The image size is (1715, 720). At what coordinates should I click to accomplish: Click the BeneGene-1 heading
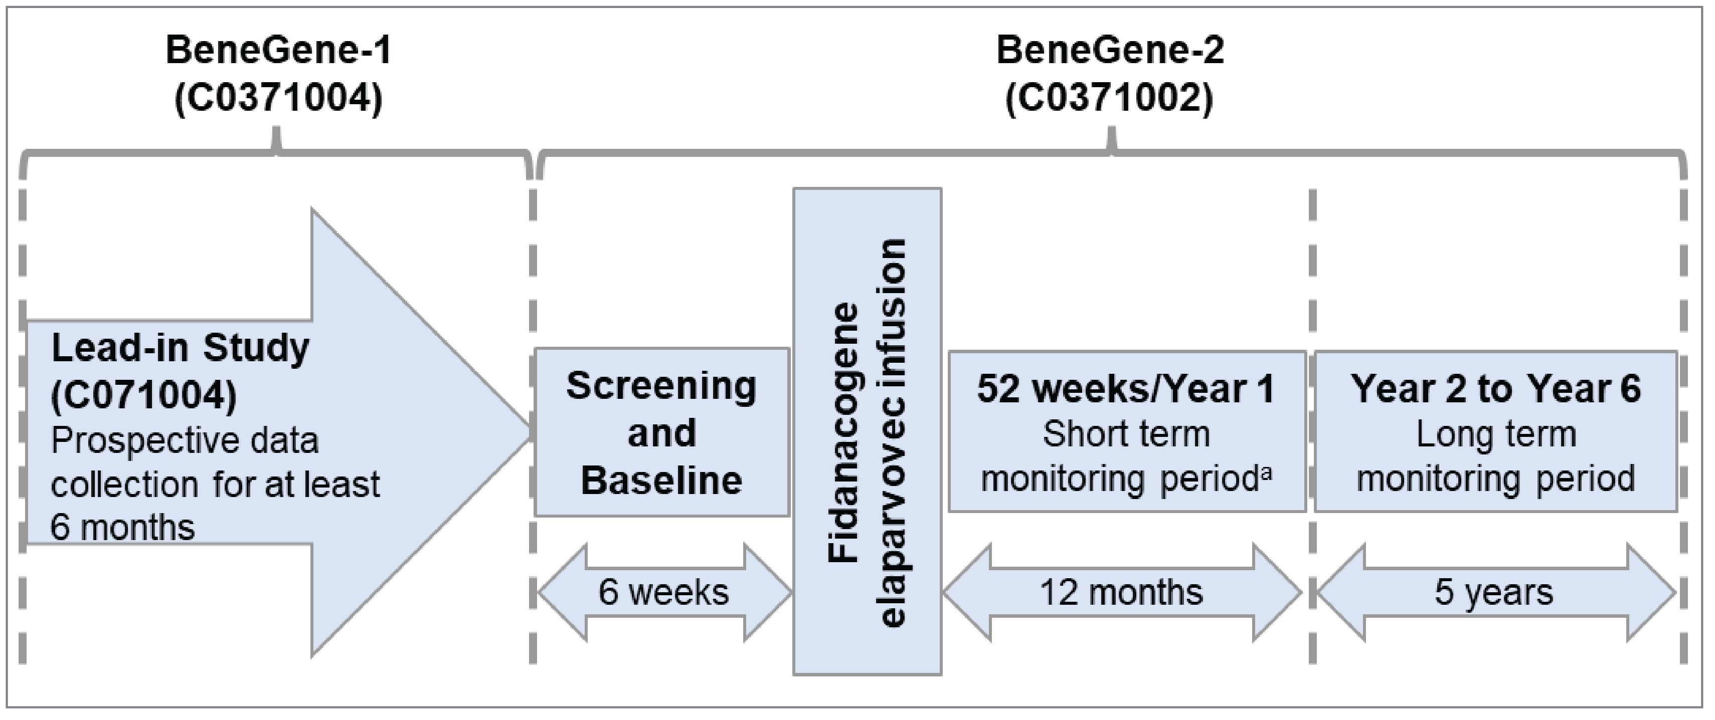click(278, 51)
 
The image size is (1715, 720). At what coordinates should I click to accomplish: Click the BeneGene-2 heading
click(1110, 51)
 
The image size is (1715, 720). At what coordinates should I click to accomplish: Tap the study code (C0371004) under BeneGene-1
click(278, 99)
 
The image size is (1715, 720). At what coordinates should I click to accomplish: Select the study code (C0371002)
click(1110, 99)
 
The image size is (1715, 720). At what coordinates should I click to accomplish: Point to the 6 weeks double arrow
click(664, 592)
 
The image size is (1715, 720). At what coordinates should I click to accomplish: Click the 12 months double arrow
click(1122, 592)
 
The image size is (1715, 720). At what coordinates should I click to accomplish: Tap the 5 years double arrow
click(1495, 592)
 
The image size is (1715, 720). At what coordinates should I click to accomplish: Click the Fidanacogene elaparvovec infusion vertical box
click(867, 431)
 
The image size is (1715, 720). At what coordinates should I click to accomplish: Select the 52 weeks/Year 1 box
click(1126, 431)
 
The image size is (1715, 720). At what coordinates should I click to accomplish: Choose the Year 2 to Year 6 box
click(1495, 431)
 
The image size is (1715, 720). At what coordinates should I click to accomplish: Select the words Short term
click(1126, 434)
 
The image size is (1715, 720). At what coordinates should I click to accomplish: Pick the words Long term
click(1495, 434)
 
